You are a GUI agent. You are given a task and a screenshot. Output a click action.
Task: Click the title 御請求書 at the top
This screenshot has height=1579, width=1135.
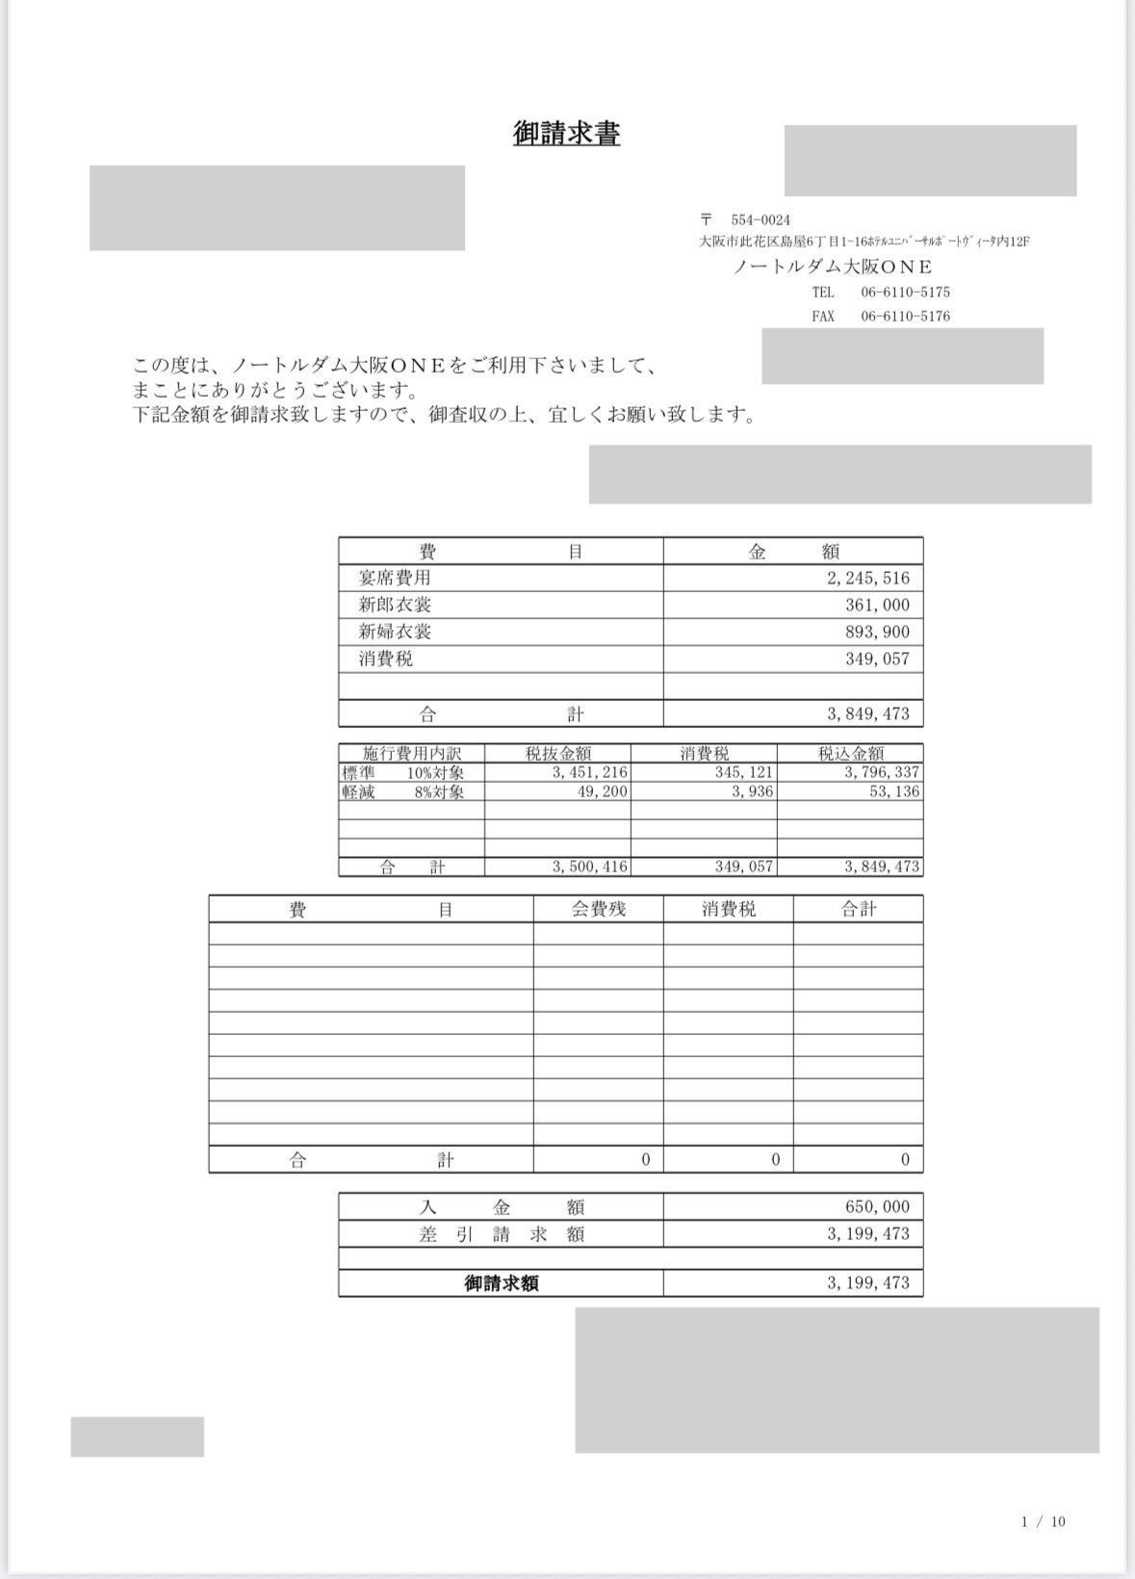coord(566,134)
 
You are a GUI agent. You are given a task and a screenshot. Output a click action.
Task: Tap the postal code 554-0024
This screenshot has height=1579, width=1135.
coord(760,220)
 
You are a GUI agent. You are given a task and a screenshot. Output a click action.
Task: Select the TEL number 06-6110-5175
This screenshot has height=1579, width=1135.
coord(905,292)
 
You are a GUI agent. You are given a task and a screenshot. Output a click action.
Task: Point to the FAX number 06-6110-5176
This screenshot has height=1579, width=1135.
coord(905,316)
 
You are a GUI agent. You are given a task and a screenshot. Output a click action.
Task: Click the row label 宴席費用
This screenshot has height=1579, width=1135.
coord(395,578)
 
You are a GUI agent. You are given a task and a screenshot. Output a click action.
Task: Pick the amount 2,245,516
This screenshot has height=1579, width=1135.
coord(867,578)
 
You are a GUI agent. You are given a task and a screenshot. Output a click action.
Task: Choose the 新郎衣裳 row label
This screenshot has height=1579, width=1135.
coord(395,605)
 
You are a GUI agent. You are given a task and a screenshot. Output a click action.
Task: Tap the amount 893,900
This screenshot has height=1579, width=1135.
coord(877,632)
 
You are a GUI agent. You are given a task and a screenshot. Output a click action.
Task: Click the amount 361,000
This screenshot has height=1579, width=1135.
coord(877,605)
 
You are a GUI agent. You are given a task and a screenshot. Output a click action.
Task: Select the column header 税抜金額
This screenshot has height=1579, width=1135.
coord(558,753)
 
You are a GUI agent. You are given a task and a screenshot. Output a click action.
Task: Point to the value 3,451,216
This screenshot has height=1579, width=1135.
coord(589,772)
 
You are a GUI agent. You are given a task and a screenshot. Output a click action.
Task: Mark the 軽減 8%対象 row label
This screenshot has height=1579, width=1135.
coord(403,791)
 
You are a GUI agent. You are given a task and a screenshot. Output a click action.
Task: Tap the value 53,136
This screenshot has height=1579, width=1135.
coord(894,791)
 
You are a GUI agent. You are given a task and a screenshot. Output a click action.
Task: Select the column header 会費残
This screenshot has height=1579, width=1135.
coord(599,909)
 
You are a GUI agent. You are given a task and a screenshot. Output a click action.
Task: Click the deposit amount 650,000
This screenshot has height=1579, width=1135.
coord(877,1206)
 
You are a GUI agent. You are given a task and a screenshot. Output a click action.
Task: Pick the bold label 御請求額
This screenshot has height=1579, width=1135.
coord(501,1283)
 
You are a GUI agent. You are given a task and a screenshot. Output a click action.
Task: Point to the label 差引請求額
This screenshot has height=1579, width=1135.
coord(501,1234)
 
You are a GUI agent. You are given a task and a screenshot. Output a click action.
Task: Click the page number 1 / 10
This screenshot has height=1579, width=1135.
coord(1044,1521)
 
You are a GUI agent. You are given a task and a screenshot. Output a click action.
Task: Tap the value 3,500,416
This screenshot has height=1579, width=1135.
coord(589,867)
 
